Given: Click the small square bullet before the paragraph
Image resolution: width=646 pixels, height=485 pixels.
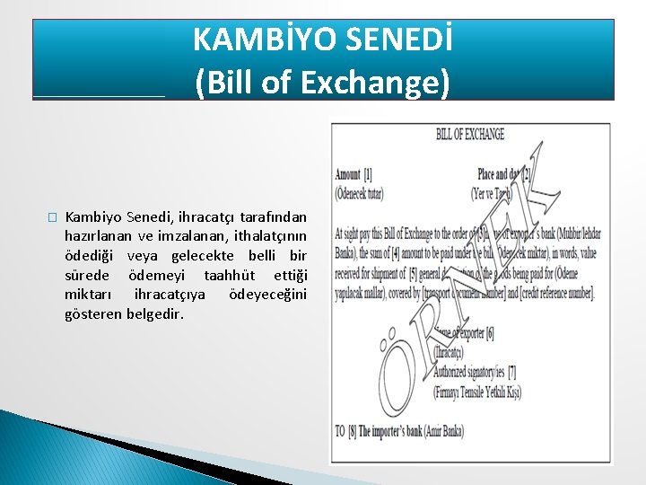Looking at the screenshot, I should pos(52,217).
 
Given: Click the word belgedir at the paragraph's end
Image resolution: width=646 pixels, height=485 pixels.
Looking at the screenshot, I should pos(153,315).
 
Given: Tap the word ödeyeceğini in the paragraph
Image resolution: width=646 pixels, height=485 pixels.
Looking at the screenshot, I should pos(267,295).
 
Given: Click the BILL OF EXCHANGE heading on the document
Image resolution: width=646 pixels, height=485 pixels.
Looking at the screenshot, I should pos(469,135).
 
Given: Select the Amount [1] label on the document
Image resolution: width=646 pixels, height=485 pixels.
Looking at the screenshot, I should pos(354,174).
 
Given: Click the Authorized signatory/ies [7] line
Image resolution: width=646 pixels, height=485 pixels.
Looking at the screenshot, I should pos(476,370).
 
